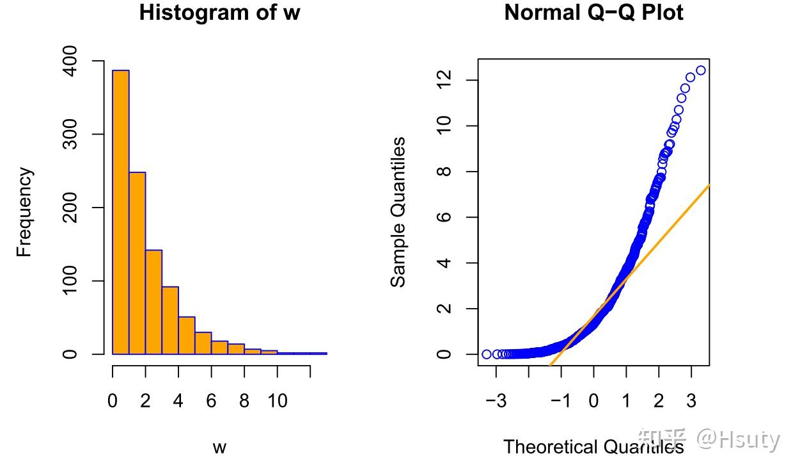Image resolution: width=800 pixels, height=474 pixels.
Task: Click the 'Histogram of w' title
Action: (219, 13)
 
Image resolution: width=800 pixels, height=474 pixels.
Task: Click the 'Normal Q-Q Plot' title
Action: (593, 13)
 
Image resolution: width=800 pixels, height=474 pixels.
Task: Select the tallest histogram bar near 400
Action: (121, 212)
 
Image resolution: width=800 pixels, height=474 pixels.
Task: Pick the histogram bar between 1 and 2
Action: (137, 263)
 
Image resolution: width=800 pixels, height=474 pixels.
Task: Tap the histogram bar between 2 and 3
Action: (154, 302)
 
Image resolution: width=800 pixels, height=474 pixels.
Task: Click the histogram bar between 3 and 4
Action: (170, 320)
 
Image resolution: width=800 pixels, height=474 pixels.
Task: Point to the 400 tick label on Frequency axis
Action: (70, 61)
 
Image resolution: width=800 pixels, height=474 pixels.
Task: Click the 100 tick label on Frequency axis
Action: (70, 281)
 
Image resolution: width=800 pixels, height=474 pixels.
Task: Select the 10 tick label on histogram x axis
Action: (278, 401)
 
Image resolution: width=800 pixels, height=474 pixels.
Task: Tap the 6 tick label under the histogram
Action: (212, 401)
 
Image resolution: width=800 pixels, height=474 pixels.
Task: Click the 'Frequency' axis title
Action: (24, 212)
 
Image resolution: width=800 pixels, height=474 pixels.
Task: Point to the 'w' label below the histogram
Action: (219, 448)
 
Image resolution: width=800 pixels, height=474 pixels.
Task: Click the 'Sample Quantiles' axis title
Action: (398, 212)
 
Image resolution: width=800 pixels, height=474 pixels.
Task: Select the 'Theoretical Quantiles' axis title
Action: (593, 447)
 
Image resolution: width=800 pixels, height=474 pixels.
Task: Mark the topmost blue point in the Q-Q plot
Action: (701, 70)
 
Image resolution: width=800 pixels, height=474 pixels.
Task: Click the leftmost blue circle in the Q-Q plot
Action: (487, 354)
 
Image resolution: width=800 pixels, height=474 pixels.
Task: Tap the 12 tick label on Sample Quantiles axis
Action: (444, 80)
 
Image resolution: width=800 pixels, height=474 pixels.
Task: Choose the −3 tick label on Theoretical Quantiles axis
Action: (496, 401)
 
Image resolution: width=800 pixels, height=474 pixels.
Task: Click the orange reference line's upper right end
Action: (709, 184)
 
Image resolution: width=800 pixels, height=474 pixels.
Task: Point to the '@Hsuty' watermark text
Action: (738, 439)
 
